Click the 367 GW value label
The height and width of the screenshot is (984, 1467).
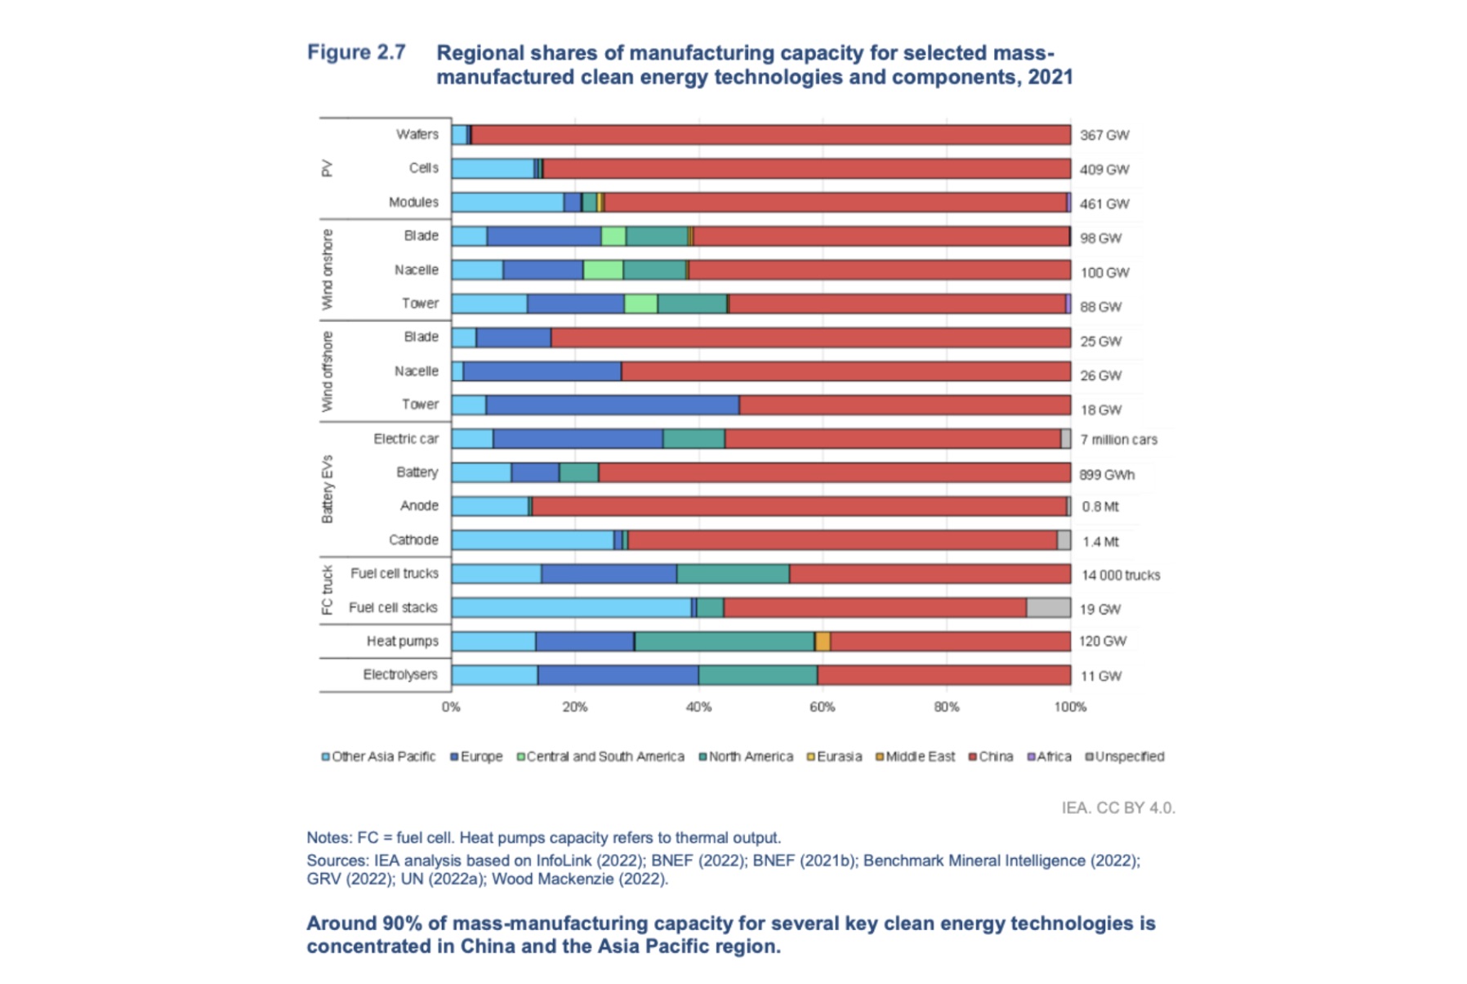[1104, 136]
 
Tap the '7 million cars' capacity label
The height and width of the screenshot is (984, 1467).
[1118, 440]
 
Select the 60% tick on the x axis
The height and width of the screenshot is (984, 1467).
[822, 707]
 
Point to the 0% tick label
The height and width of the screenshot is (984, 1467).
[451, 707]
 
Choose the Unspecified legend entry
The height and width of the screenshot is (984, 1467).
[1125, 757]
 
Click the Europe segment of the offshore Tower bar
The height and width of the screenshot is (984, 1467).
[613, 405]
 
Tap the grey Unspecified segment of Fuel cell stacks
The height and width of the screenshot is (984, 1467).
[1048, 608]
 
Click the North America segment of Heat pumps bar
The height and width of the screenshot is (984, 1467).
[725, 642]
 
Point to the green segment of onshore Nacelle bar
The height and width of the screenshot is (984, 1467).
[603, 270]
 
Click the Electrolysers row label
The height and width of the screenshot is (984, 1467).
[400, 675]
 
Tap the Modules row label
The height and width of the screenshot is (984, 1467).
[413, 203]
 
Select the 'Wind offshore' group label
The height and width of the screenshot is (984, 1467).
[328, 372]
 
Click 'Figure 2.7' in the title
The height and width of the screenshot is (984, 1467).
[356, 52]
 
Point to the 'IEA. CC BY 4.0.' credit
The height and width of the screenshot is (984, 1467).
[1117, 808]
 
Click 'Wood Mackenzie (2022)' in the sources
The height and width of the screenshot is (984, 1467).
[579, 879]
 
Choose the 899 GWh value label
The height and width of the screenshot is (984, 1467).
[1106, 475]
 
